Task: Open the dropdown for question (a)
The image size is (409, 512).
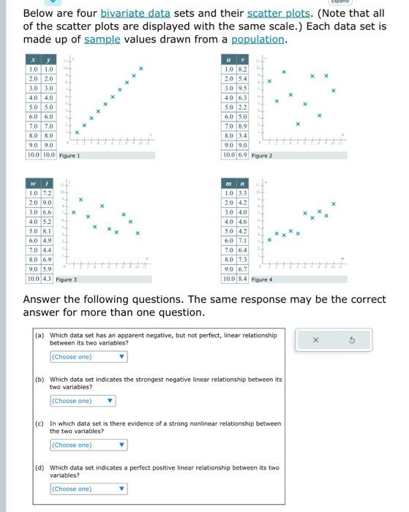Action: click(89, 357)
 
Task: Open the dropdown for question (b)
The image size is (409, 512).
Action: click(83, 401)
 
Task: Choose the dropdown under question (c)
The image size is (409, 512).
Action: click(89, 445)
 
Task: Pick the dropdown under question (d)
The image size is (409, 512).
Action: click(89, 489)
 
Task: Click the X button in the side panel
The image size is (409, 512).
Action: click(316, 339)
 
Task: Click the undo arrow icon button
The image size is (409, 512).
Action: click(352, 339)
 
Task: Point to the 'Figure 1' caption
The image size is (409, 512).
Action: click(69, 155)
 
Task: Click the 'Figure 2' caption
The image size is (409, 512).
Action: click(261, 155)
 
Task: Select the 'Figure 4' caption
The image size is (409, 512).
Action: click(261, 279)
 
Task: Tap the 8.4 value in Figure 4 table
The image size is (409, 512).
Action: click(241, 279)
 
